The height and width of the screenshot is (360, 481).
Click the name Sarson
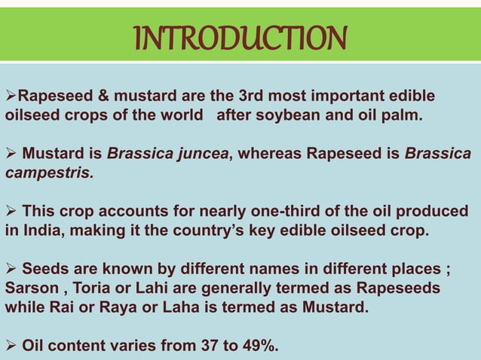29,288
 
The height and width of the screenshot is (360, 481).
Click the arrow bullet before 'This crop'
11,212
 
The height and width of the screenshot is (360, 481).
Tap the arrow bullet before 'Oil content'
11,346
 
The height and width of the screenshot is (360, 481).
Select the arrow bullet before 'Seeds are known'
11,269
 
